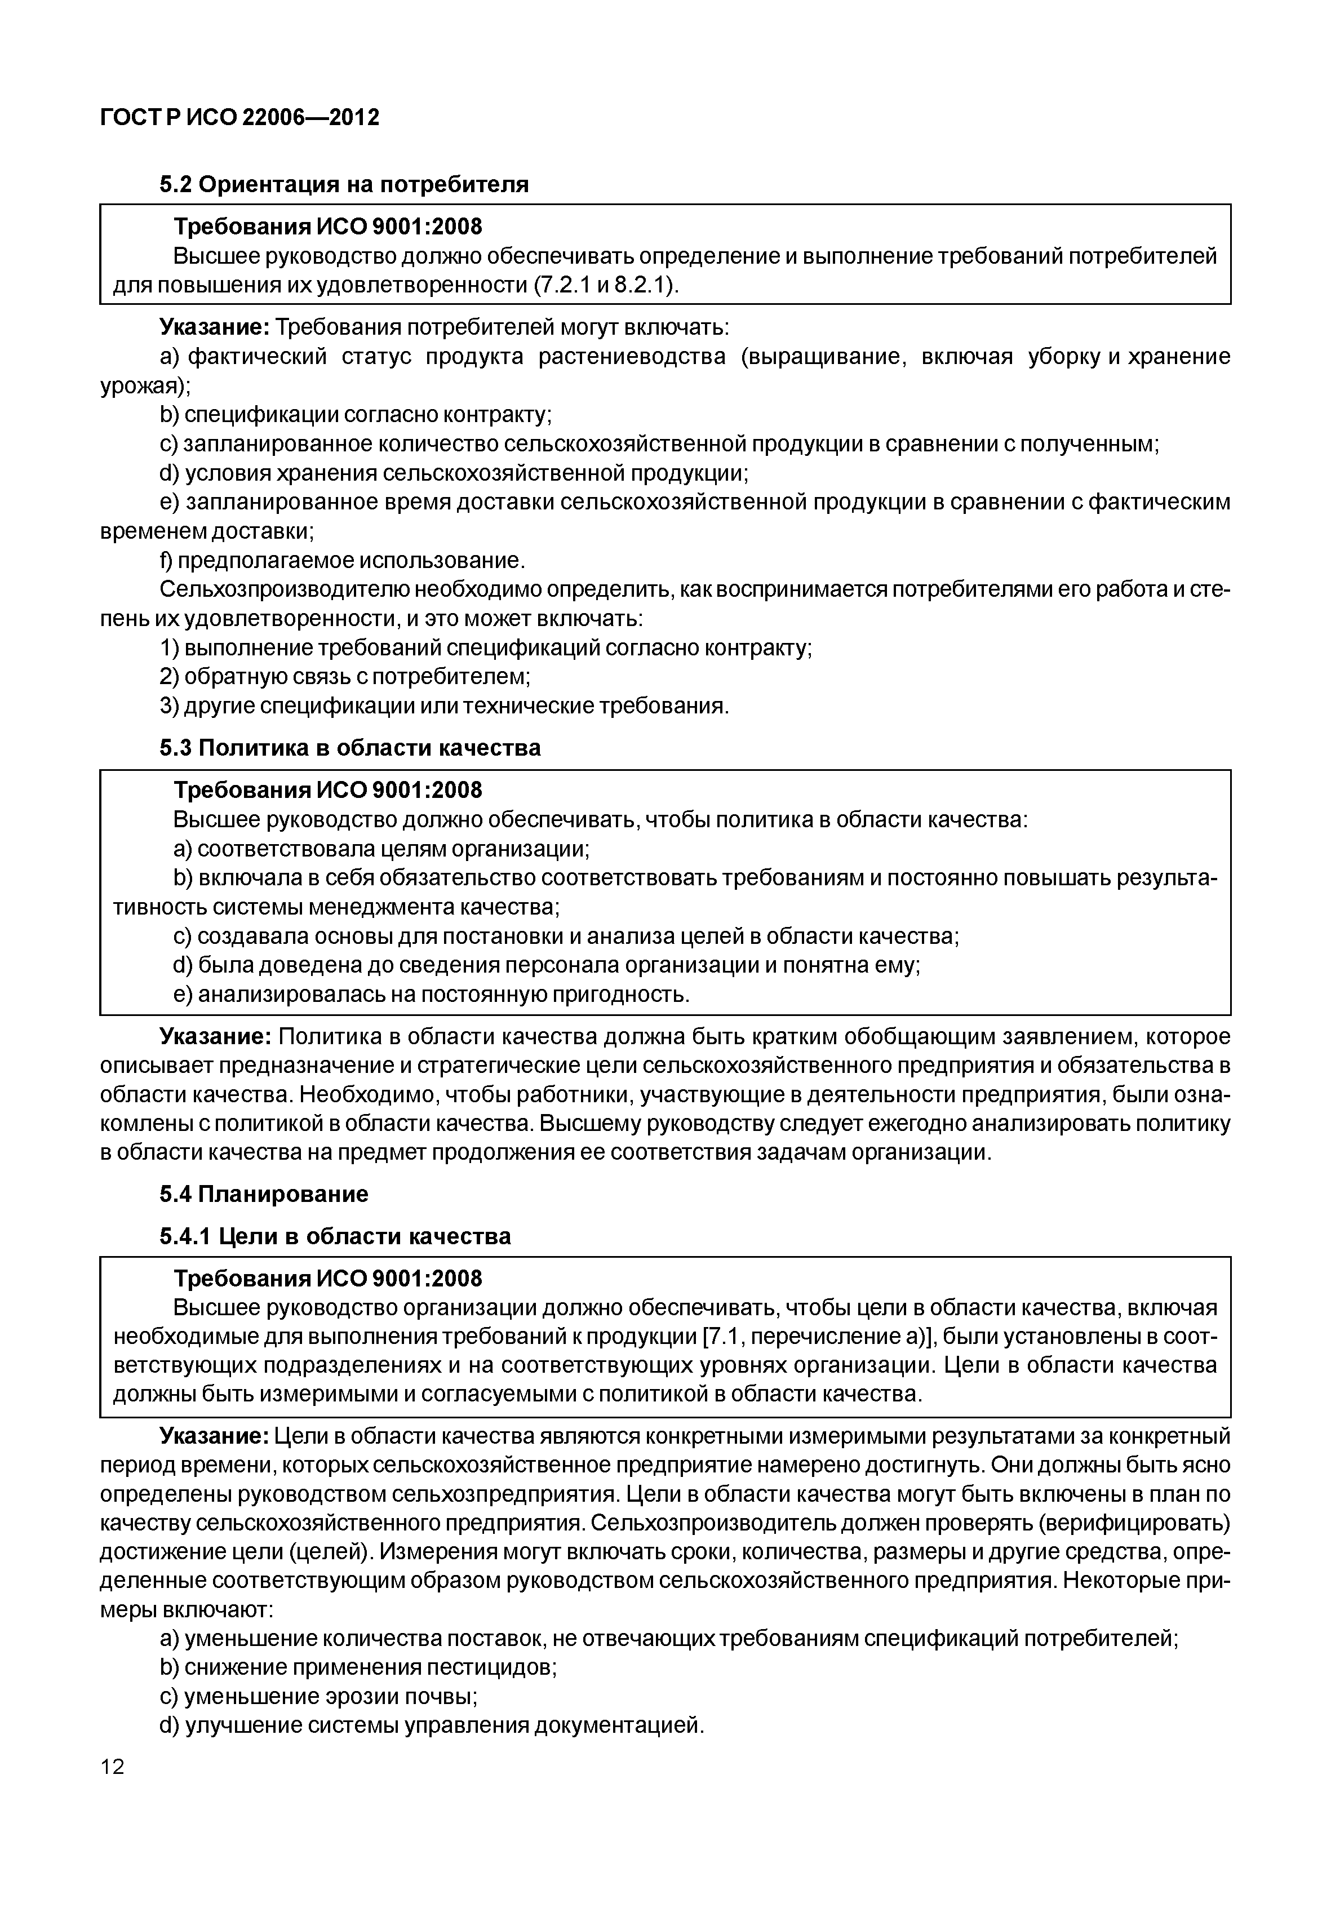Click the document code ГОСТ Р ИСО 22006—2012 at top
(x=239, y=118)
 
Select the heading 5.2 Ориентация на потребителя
(x=344, y=184)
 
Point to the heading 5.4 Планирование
(x=264, y=1195)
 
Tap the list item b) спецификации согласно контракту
(x=356, y=415)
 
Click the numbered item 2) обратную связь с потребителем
(x=345, y=676)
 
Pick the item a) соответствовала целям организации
(x=381, y=849)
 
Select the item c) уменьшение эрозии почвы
(x=318, y=1697)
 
